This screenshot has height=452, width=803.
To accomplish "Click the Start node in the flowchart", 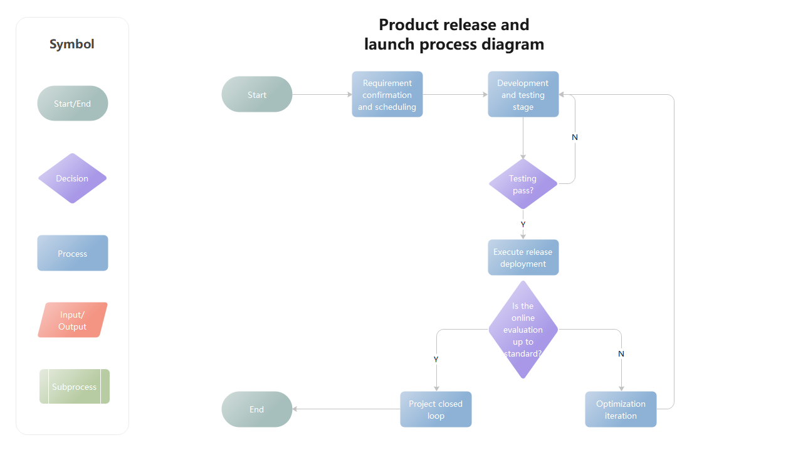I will [257, 95].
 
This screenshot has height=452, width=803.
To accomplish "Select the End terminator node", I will [257, 409].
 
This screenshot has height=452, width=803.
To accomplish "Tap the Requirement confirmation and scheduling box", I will [387, 95].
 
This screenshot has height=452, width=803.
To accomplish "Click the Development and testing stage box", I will [523, 95].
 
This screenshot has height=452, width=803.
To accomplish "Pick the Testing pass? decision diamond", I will [523, 184].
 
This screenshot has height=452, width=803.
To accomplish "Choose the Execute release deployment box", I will [523, 257].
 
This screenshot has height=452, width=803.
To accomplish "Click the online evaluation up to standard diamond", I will [523, 330].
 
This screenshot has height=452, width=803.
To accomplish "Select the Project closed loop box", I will [436, 409].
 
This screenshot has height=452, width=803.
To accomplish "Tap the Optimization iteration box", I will [621, 409].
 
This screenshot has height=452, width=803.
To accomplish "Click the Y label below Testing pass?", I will [523, 224].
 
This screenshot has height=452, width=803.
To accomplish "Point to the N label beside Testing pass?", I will [575, 137].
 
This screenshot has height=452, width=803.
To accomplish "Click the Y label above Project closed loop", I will [436, 359].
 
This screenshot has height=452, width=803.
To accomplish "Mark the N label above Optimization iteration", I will [621, 354].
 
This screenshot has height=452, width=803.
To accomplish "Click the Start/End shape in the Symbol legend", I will [73, 104].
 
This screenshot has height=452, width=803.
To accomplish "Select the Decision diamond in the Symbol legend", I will [73, 178].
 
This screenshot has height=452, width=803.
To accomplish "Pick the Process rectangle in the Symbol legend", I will [73, 254].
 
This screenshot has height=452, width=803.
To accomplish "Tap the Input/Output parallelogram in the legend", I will [73, 320].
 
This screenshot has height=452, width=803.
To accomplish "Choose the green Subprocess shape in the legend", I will [74, 387].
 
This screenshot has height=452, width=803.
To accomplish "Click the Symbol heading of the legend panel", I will [72, 45].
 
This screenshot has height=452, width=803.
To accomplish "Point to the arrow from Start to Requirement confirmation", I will [322, 95].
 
